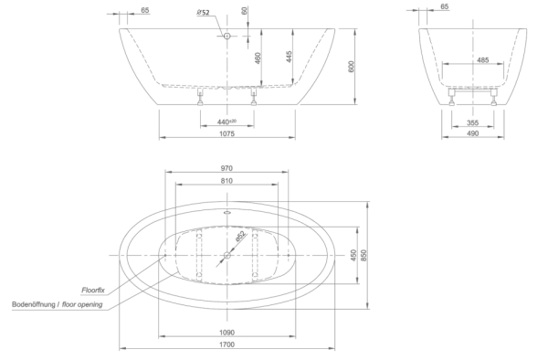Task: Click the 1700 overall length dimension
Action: (227, 344)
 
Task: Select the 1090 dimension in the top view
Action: (227, 333)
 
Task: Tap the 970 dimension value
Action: (227, 168)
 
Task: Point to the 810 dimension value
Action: (227, 181)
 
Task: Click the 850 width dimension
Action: (364, 256)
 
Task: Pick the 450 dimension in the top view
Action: (353, 256)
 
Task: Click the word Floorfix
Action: (93, 290)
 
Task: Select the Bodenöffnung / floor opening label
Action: (58, 304)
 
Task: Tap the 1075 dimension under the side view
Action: (227, 133)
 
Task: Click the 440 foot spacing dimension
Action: (227, 122)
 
